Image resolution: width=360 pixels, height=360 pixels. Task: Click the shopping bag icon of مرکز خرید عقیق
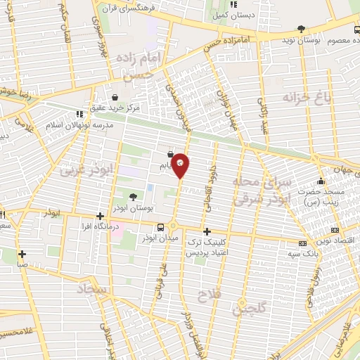click(x=115, y=97)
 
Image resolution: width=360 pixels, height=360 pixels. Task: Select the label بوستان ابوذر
click(x=134, y=209)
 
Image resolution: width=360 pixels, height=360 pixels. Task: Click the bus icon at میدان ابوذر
click(x=162, y=227)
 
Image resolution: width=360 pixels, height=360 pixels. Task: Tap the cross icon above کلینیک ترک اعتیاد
click(x=207, y=231)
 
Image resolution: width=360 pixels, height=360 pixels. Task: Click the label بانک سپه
click(x=311, y=251)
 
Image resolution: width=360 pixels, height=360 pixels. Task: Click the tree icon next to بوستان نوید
click(x=302, y=30)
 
